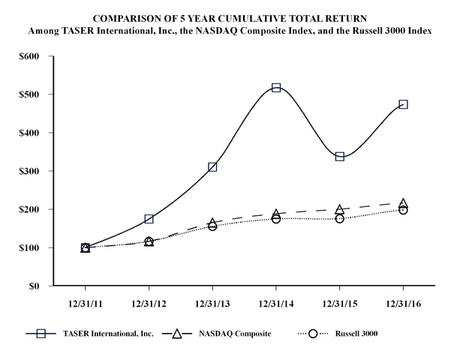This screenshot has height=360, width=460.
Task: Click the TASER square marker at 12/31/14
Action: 276,88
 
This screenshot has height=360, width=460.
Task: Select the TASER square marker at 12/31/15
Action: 340,156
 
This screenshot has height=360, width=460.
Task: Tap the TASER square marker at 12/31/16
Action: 404,104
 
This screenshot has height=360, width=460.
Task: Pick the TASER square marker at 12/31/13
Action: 212,166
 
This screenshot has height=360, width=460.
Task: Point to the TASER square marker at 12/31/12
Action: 149,219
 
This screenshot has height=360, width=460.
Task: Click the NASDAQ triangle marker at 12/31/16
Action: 404,204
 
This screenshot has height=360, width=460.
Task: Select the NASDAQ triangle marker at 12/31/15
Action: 340,209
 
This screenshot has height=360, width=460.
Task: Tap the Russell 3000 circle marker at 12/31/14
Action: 276,218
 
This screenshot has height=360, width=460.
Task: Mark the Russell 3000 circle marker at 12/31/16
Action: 404,210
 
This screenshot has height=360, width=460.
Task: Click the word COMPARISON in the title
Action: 131,16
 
